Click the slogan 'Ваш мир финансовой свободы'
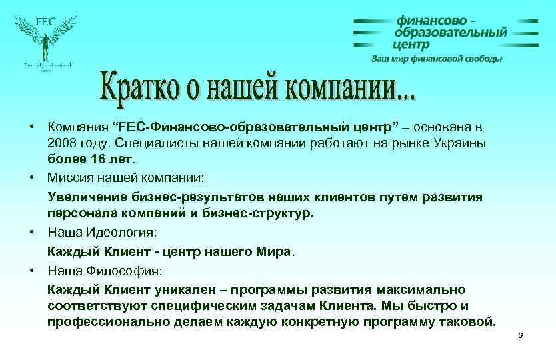(x=437, y=59)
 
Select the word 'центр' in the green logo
(x=411, y=45)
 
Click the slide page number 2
(x=520, y=337)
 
